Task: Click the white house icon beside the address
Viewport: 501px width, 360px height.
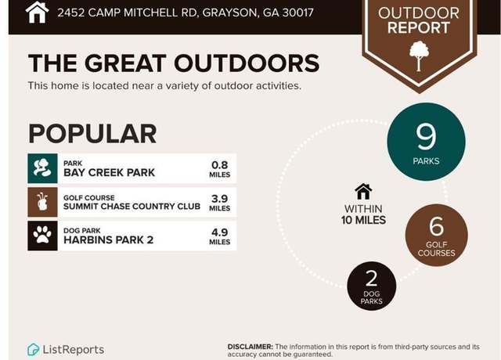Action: pyautogui.click(x=37, y=13)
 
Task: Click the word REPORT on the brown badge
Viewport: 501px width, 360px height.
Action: pyautogui.click(x=419, y=28)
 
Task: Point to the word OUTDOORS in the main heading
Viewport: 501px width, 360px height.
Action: pyautogui.click(x=247, y=63)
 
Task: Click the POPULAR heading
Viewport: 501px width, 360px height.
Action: pyautogui.click(x=92, y=134)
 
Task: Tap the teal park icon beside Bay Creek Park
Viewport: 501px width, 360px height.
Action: pyautogui.click(x=42, y=168)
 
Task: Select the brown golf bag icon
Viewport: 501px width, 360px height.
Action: pyautogui.click(x=42, y=202)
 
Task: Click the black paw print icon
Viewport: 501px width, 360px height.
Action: pyautogui.click(x=42, y=236)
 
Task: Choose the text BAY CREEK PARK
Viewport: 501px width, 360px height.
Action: pyautogui.click(x=109, y=172)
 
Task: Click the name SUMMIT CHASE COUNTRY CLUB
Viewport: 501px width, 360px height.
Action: pyautogui.click(x=132, y=207)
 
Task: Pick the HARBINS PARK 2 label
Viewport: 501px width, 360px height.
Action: pyautogui.click(x=108, y=239)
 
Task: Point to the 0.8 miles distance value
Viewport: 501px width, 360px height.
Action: pyautogui.click(x=219, y=169)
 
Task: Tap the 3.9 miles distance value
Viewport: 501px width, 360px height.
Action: pyautogui.click(x=219, y=203)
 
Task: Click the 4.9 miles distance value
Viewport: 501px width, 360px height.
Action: pyautogui.click(x=219, y=236)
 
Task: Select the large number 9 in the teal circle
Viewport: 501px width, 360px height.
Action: pyautogui.click(x=426, y=136)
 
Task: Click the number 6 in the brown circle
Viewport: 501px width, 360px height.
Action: pyautogui.click(x=437, y=226)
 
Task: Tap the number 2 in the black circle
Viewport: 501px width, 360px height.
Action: pyautogui.click(x=371, y=279)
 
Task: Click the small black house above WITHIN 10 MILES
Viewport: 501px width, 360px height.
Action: pyautogui.click(x=363, y=192)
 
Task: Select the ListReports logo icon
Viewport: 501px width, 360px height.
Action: pyautogui.click(x=33, y=350)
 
